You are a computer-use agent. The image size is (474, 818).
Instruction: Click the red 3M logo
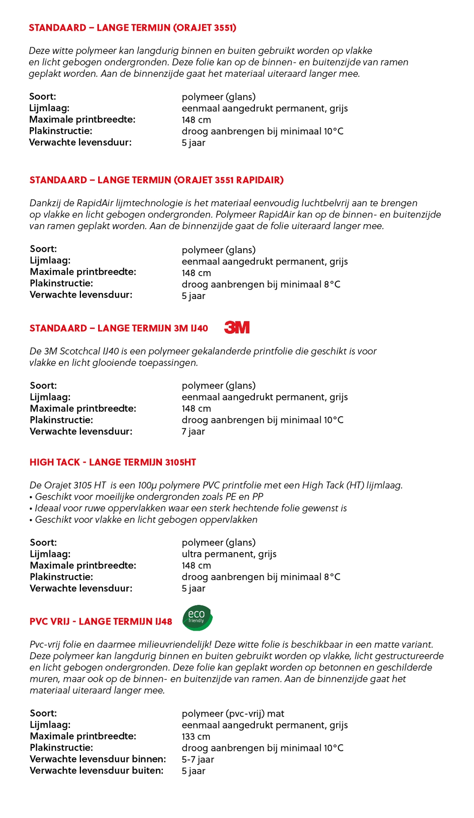point(237,327)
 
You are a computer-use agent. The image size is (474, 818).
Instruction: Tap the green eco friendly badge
point(198,618)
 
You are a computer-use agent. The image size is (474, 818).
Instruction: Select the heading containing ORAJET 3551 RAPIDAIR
point(156,180)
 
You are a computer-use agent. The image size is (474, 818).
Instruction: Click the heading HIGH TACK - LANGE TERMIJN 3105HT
point(112,462)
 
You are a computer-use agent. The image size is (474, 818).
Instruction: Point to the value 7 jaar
point(193,431)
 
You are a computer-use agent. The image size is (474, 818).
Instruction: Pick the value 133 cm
point(196,737)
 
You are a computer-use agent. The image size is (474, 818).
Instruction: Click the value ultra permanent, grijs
point(229,554)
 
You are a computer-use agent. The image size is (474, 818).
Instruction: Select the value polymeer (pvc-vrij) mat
point(233,714)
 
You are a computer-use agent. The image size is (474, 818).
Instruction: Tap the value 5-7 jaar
point(198,760)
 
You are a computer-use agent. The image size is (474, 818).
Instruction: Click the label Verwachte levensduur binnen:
point(98,759)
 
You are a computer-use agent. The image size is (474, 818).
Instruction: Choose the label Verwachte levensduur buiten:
point(97,771)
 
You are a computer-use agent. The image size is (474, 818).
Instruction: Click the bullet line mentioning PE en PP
point(146,497)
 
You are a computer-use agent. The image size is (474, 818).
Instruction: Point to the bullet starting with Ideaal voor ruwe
point(188,508)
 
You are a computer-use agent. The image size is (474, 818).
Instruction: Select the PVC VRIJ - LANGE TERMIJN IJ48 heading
point(101,622)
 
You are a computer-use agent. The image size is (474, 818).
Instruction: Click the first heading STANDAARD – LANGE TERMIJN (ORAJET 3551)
point(133,28)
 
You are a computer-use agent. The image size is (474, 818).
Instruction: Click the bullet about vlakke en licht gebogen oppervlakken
point(144,520)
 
